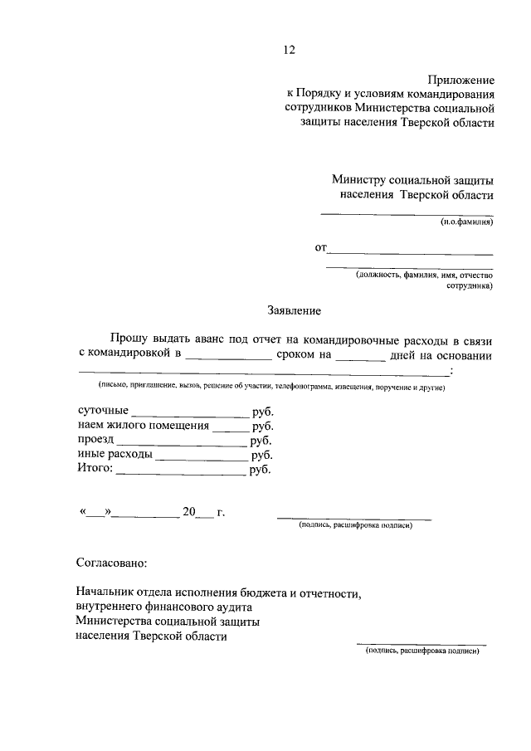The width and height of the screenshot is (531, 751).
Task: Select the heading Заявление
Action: point(294,310)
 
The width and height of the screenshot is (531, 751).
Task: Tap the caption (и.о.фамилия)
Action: point(466,222)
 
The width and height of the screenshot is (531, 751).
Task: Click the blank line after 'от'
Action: point(412,252)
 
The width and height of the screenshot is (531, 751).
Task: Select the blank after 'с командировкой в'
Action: point(228,358)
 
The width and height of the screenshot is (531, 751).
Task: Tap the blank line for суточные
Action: point(190,414)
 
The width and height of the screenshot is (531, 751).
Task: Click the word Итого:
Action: point(95,469)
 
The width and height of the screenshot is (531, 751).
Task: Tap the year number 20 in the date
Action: point(190,512)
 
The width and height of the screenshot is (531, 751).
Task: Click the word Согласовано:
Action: point(110,563)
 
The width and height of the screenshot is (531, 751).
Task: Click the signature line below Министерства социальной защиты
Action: point(421,643)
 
